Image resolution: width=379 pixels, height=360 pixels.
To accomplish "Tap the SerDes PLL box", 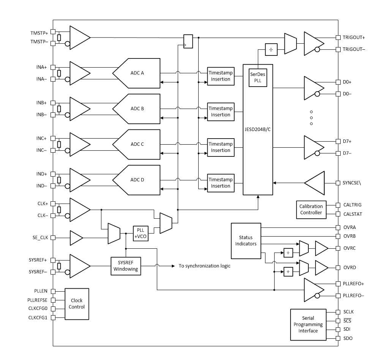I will (258, 78).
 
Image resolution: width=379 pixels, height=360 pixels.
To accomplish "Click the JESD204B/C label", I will (258, 129).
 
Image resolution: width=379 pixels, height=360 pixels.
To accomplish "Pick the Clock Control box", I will (77, 304).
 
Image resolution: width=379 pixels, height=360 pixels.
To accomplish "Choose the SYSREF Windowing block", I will (125, 266).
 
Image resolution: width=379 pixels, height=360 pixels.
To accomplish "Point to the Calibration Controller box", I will (311, 210).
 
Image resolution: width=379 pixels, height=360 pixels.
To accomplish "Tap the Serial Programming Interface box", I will (308, 325).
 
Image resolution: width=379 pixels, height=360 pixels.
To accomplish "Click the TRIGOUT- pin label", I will (354, 49).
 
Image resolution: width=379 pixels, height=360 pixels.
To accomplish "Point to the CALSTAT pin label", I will (352, 214).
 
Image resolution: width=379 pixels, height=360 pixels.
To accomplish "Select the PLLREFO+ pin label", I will (354, 283).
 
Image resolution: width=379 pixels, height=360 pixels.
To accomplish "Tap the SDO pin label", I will (348, 338).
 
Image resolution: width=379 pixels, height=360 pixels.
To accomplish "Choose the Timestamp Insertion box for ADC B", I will (221, 112).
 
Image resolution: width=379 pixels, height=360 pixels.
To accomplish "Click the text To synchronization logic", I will (204, 266).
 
